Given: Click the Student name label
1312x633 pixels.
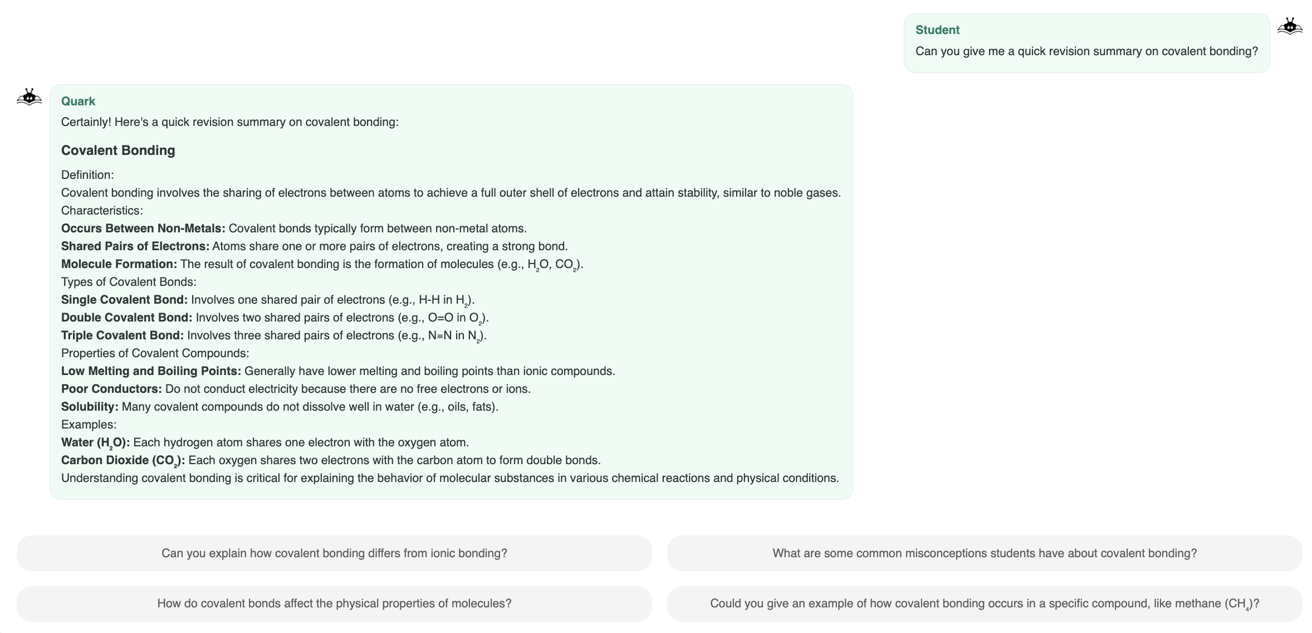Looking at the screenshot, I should coord(937,30).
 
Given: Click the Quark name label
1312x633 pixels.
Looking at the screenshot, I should coord(78,101).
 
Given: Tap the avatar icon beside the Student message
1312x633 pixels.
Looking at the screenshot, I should coord(1290,26).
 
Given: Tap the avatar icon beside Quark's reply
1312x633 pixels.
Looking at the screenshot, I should coord(29,97).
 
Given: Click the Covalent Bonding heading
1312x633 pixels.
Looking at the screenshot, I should coord(118,150).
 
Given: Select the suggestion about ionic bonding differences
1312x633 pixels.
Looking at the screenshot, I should coord(334,553).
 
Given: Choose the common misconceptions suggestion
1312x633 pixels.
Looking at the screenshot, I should coord(984,553).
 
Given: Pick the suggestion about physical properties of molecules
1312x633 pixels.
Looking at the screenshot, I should coord(334,603).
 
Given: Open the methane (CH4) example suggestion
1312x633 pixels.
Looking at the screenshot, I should coord(984,603).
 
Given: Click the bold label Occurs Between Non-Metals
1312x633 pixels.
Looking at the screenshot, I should coord(143,228).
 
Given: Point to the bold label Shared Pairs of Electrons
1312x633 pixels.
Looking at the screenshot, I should coord(135,246).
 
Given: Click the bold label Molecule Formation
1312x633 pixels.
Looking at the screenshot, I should coord(119,264).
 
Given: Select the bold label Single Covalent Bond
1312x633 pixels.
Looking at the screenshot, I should coord(124,300).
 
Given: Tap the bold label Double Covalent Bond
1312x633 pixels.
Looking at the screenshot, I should coord(126,318).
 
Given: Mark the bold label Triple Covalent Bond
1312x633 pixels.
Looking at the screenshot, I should coord(123,335).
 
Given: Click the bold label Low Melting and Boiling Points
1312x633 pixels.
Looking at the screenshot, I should coord(151,371).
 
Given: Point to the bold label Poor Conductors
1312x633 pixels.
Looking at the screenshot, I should coord(111,389).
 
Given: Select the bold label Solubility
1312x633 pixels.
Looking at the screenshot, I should coord(90,407).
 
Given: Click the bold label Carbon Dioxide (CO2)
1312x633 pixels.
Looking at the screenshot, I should coord(123,460).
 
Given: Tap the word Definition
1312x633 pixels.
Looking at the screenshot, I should coord(87,175).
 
